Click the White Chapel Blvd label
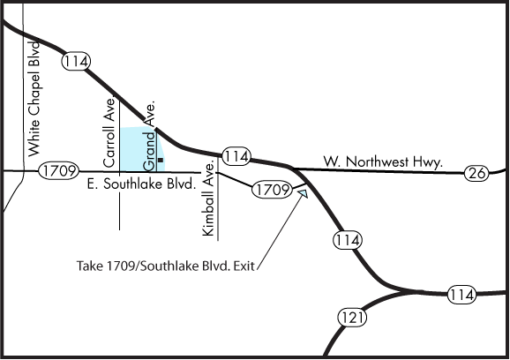34,99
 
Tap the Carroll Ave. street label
109,132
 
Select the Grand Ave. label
149,136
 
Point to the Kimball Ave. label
208,199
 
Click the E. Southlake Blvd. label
142,184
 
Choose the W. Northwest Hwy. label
383,161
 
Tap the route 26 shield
476,173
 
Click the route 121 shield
352,318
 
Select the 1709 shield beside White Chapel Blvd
59,170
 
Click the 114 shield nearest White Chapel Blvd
76,61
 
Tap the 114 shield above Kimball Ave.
236,156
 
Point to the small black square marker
161,160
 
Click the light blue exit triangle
303,193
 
